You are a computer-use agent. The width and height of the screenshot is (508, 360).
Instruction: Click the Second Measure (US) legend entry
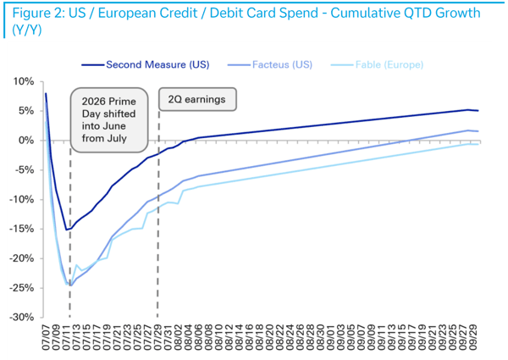tap(145, 65)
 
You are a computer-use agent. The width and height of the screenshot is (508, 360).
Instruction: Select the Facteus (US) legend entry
tap(270, 65)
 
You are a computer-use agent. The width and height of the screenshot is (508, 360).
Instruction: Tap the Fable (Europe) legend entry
tap(377, 65)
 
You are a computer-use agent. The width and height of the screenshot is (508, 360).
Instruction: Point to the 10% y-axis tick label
tap(24, 81)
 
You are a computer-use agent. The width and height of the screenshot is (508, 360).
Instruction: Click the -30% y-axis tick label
tap(22, 318)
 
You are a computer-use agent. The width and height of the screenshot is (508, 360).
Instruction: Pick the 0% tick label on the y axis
tap(26, 141)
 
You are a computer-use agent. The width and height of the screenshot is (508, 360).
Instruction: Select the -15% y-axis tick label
tap(22, 229)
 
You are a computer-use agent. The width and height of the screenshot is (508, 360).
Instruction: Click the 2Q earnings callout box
tap(197, 99)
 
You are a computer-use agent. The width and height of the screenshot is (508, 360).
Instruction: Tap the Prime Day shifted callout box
tap(109, 120)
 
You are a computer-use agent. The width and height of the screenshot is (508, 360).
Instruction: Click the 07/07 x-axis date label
tap(47, 339)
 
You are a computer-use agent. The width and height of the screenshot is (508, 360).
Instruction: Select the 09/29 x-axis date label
tap(474, 339)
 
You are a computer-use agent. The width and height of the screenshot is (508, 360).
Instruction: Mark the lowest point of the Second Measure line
tap(66, 230)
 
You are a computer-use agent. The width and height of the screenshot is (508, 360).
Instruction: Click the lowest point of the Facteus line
tap(71, 285)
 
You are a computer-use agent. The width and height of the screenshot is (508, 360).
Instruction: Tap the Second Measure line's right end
tap(478, 110)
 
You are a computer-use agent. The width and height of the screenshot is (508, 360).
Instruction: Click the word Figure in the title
tap(33, 14)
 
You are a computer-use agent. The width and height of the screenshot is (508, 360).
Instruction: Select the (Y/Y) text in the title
tap(27, 30)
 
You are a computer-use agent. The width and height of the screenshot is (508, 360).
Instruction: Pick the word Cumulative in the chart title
tap(380, 13)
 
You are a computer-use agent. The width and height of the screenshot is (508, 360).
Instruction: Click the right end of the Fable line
tap(478, 144)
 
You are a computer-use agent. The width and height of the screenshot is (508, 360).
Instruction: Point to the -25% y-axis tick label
tap(22, 288)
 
